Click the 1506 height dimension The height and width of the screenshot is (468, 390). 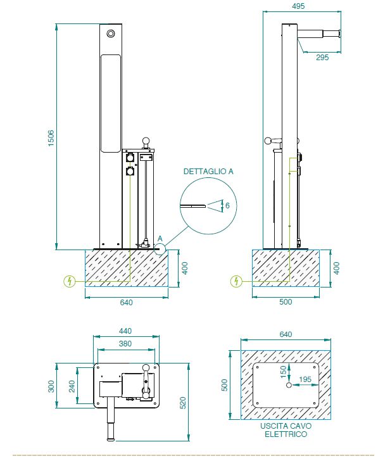click(51, 138)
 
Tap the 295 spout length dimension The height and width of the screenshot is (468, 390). click(323, 57)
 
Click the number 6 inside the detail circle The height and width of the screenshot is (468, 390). click(227, 205)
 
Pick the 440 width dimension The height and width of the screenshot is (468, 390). click(126, 331)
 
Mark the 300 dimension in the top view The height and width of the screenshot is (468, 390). click(51, 386)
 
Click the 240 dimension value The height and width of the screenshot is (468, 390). click(72, 386)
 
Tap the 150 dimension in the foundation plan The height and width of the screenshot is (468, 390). click(283, 372)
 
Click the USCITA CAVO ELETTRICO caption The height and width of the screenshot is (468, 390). click(286, 431)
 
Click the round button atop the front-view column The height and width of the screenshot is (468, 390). click(111, 33)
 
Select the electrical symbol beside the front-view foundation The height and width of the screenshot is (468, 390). click(69, 281)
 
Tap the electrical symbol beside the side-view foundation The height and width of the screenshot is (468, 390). click(236, 281)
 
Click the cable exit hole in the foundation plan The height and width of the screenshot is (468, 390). click(289, 385)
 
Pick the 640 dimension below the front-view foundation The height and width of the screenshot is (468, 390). click(126, 303)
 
